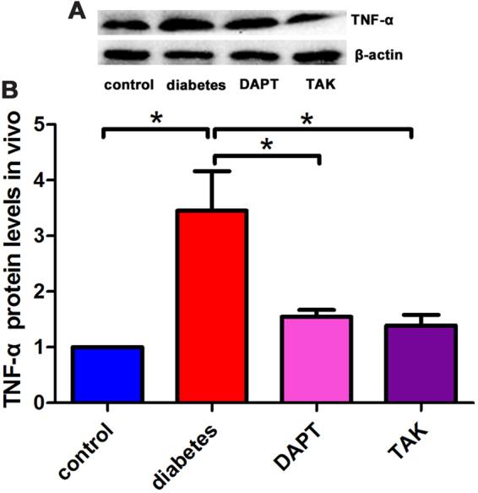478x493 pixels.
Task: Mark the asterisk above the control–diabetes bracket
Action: tap(155, 118)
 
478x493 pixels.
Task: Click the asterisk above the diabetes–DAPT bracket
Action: tap(267, 145)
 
